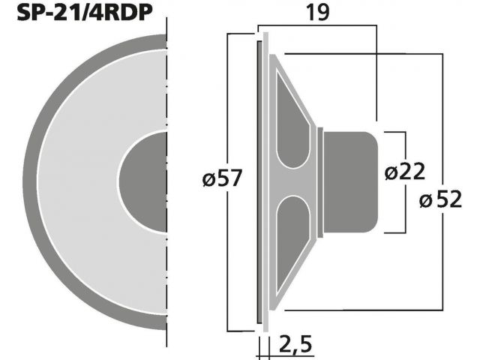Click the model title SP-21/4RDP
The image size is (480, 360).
(x=85, y=12)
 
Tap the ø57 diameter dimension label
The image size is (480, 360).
(x=223, y=178)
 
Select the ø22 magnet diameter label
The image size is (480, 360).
(x=405, y=172)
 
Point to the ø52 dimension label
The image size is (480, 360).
(x=440, y=199)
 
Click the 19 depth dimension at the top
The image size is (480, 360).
(x=318, y=12)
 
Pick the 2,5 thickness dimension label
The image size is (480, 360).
(x=295, y=344)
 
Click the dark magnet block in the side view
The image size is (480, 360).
(x=351, y=182)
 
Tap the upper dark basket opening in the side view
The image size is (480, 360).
(x=292, y=118)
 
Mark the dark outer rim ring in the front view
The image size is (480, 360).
(x=30, y=181)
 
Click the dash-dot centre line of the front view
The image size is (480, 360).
(x=166, y=182)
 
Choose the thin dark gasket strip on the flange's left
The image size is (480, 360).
(x=259, y=181)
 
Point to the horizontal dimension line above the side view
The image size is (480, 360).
(x=317, y=25)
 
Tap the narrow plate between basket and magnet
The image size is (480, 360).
(x=320, y=182)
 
